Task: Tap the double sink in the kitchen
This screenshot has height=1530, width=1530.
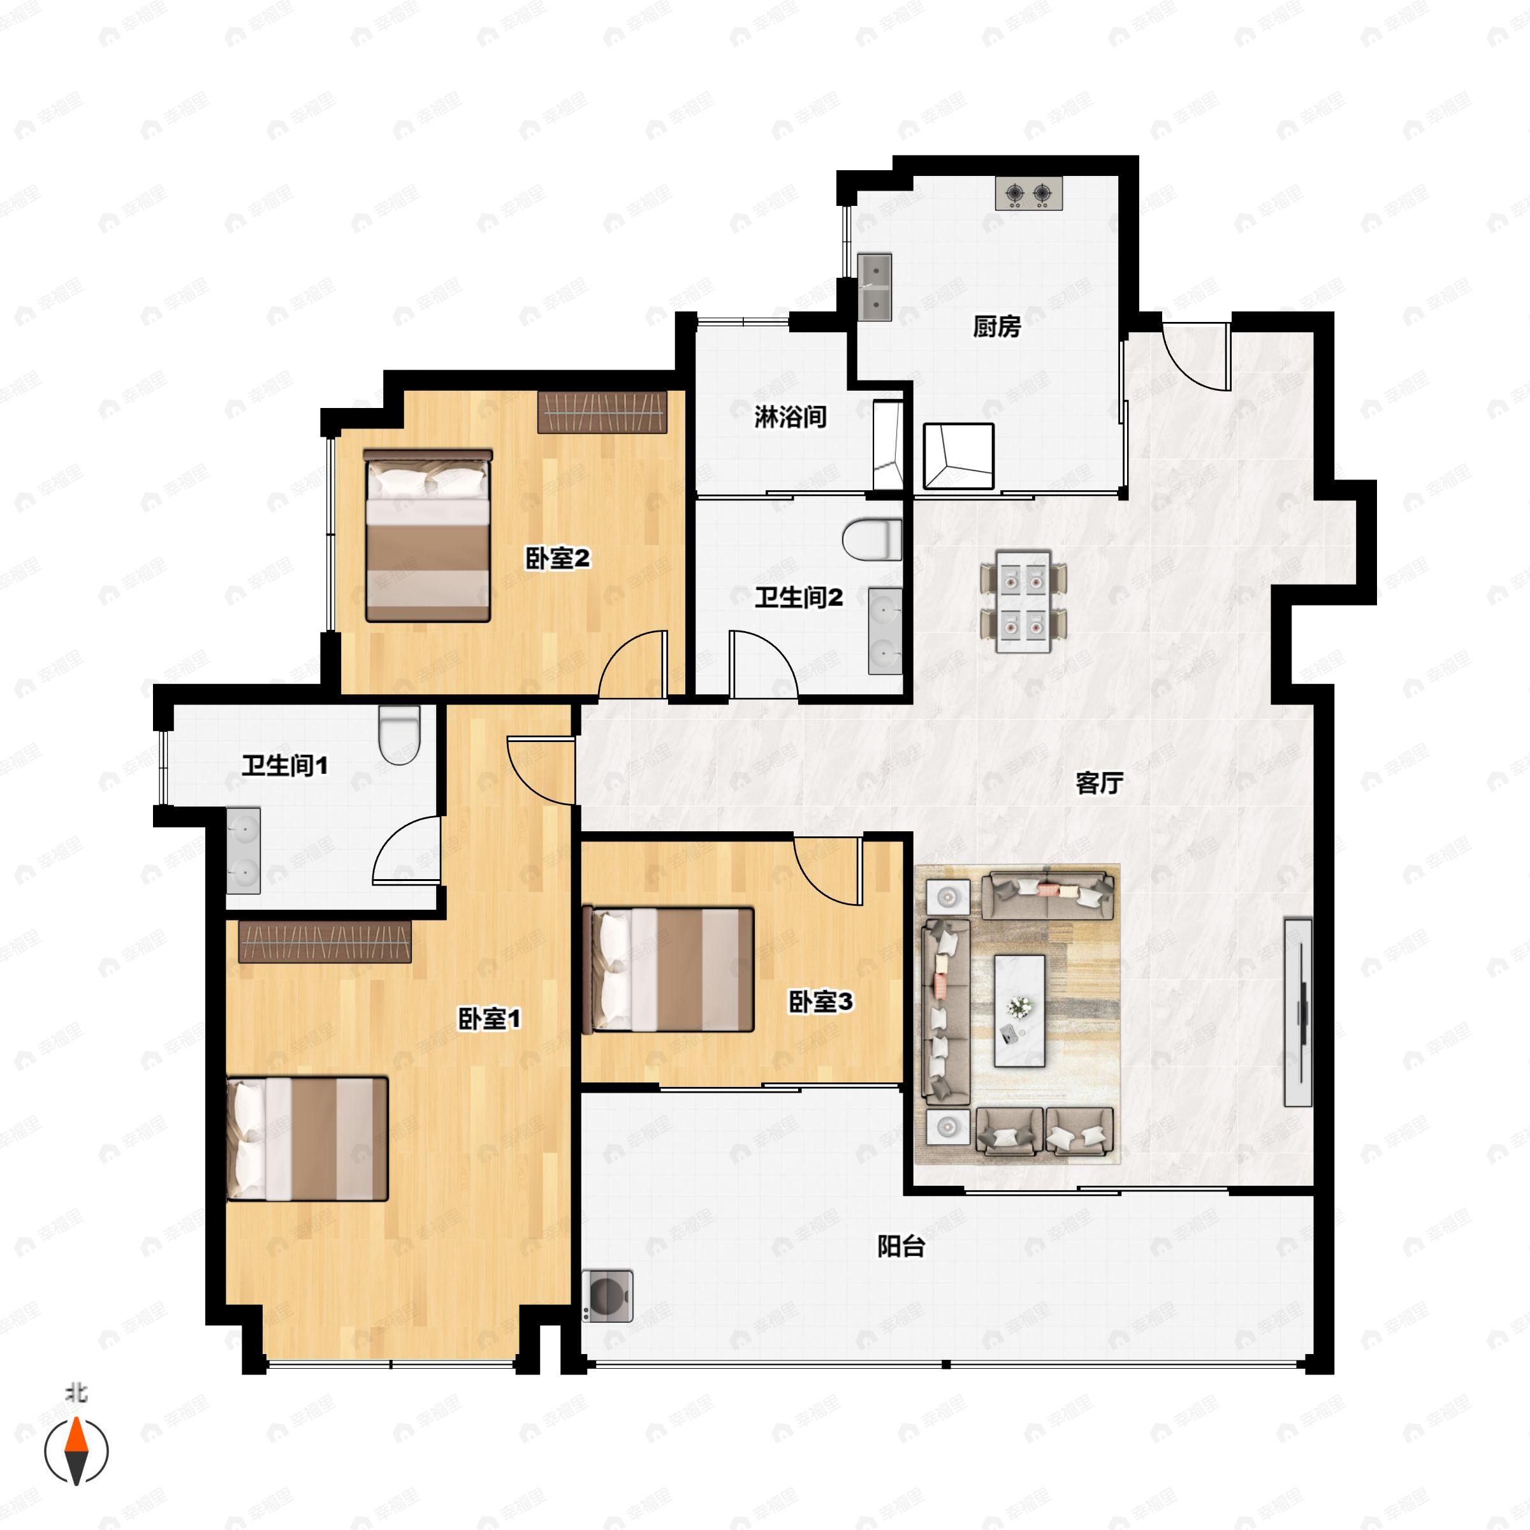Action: pos(875,287)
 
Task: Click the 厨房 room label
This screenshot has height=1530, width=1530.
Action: pos(997,326)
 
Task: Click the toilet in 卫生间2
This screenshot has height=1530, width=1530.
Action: pos(872,540)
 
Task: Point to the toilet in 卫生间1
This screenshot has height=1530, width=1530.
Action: pos(398,734)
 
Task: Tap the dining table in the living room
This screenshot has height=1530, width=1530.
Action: pos(1023,602)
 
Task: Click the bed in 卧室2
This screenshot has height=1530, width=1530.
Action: pos(428,536)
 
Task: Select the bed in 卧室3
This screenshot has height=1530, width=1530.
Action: pos(667,970)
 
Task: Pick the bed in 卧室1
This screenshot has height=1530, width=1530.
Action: pos(307,1139)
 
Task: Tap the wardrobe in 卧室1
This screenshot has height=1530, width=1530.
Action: pos(324,942)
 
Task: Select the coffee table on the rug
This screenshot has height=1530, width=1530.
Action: pos(1019,1010)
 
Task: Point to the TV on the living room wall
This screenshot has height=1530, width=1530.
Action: pos(1298,1012)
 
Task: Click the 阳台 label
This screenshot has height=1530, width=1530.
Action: pos(901,1248)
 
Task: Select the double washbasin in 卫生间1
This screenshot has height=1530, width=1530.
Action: pos(243,850)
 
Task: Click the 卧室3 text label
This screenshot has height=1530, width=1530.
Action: pos(820,1002)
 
